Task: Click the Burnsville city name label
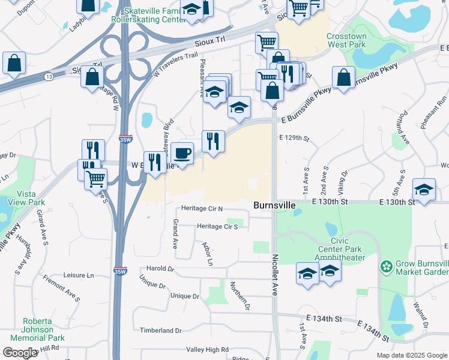point(274,205)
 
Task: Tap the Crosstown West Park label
point(346,40)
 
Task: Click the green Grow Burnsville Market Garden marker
point(386,265)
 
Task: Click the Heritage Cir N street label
point(202,209)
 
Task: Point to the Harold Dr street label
point(160,269)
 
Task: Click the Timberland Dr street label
point(160,331)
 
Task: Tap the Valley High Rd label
point(208,349)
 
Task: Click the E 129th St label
point(294,138)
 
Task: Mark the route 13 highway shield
point(49,77)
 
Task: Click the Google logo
point(20,352)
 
